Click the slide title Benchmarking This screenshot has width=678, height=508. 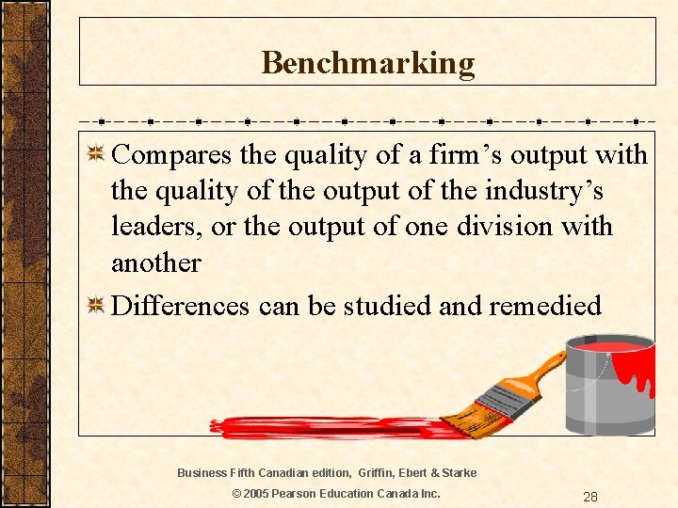click(x=367, y=63)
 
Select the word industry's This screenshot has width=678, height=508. click(x=544, y=191)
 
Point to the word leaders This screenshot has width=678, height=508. click(x=159, y=227)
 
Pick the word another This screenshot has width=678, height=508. click(x=156, y=262)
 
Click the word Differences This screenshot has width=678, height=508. click(x=181, y=306)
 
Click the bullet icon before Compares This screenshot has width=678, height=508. click(x=94, y=154)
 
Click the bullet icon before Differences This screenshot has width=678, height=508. click(x=94, y=306)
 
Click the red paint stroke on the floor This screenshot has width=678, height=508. click(x=320, y=428)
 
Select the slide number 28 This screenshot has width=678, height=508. click(x=590, y=497)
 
